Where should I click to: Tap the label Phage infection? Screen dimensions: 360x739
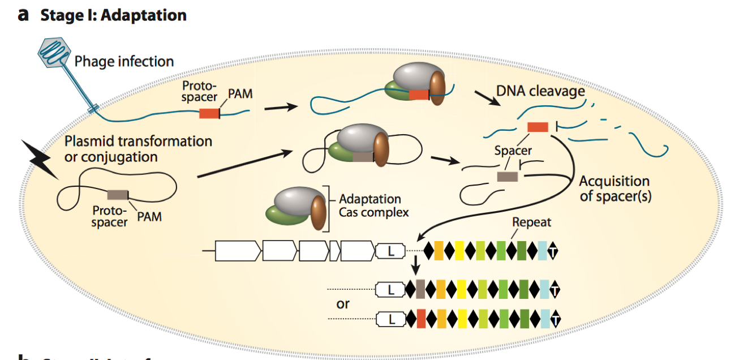click(124, 61)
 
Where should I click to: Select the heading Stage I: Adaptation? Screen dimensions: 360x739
click(113, 15)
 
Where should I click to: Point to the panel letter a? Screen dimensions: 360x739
click(23, 14)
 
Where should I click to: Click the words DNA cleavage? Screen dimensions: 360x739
click(540, 91)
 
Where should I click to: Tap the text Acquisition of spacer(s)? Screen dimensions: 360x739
click(615, 188)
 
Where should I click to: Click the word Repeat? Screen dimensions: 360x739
click(531, 222)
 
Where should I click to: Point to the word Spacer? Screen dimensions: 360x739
click(513, 151)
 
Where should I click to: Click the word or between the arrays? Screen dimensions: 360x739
click(343, 303)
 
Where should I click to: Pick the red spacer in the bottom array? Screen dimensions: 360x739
click(421, 319)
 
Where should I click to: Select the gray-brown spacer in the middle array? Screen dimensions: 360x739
click(420, 289)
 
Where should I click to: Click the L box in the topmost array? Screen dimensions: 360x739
click(390, 250)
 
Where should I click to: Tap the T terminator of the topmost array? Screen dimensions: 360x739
click(553, 250)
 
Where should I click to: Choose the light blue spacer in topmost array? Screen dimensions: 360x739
click(543, 250)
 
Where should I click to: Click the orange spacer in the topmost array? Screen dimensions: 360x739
click(439, 250)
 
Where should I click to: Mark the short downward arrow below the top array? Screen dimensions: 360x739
click(417, 264)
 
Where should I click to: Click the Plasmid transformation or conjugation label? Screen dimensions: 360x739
click(138, 148)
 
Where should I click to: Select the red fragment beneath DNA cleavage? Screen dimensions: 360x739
click(538, 127)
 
